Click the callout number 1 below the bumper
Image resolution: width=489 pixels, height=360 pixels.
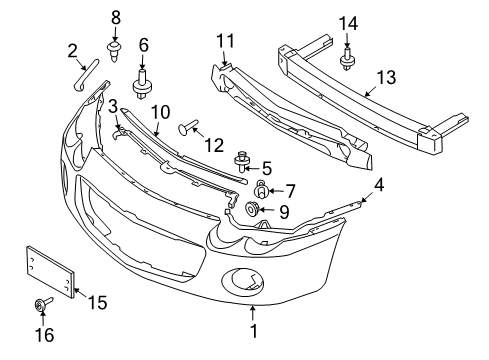pyautogui.click(x=253, y=329)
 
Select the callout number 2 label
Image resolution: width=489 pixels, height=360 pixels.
pyautogui.click(x=72, y=50)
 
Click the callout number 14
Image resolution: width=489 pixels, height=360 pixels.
pyautogui.click(x=347, y=22)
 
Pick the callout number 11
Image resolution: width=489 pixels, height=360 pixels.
pyautogui.click(x=224, y=41)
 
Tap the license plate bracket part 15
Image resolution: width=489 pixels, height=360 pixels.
pyautogui.click(x=49, y=270)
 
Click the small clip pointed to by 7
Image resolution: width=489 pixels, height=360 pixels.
pyautogui.click(x=260, y=188)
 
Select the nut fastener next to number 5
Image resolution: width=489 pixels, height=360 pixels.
pyautogui.click(x=241, y=159)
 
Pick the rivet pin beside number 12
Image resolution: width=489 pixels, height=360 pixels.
pyautogui.click(x=187, y=127)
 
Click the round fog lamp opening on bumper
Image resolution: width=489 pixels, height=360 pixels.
pyautogui.click(x=246, y=280)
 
